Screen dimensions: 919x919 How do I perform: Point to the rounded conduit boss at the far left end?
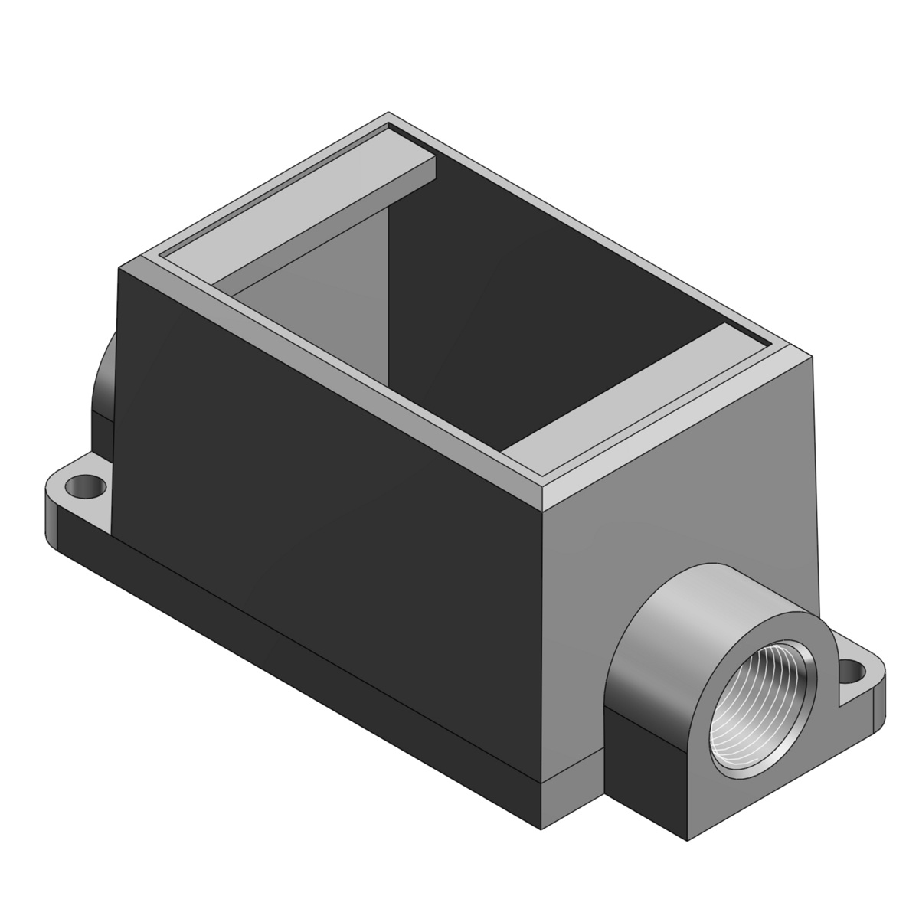pyautogui.click(x=103, y=394)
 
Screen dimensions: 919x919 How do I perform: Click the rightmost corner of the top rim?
pyautogui.click(x=812, y=356)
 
